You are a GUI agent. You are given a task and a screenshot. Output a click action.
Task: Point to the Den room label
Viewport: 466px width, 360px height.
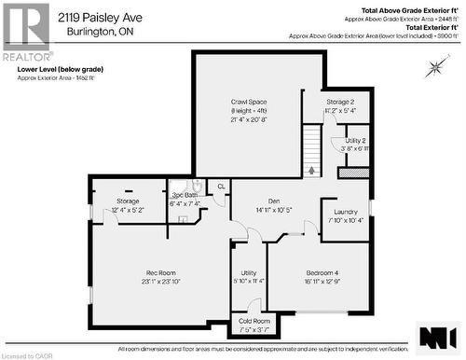pos(273,201)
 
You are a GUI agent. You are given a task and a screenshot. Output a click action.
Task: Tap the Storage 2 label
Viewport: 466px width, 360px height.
pos(340,102)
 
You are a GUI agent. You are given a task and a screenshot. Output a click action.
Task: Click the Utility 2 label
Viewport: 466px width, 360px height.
pos(355,140)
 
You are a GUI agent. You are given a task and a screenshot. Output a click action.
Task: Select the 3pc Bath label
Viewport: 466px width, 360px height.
pos(184,196)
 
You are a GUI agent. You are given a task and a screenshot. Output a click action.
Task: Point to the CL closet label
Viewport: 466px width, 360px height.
pos(220,187)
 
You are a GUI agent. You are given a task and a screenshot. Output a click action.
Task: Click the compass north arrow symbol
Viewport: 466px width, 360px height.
pos(434,67)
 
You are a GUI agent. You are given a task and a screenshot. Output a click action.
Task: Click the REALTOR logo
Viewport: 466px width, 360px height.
pos(25,32)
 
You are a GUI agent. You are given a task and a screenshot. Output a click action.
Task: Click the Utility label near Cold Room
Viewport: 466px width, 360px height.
pos(248,272)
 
